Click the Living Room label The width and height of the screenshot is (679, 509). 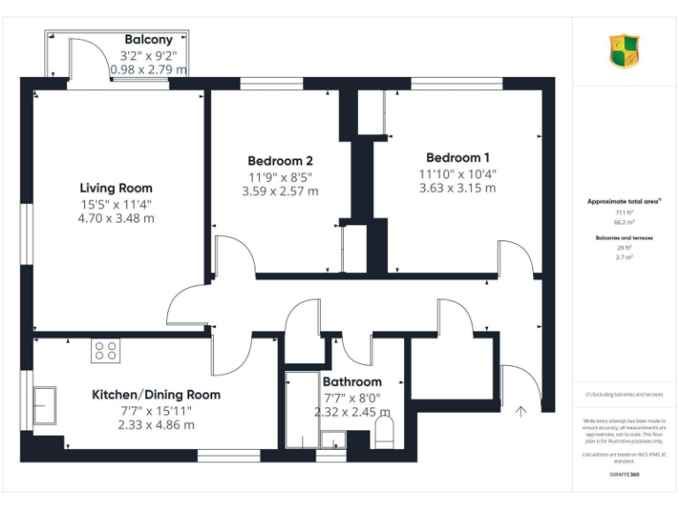click(116, 188)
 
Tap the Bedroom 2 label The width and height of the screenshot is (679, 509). click(279, 161)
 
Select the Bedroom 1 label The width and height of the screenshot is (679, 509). click(457, 157)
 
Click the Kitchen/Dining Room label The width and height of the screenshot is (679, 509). click(156, 395)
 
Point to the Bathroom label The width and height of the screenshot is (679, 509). click(352, 382)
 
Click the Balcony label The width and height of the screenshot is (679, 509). click(149, 41)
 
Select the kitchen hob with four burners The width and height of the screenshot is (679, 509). click(106, 351)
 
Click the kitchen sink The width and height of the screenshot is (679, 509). click(45, 406)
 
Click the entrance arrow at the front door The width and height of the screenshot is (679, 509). click(522, 409)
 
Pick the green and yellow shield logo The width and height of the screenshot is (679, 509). click(625, 51)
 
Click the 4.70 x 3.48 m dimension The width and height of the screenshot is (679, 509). click(116, 218)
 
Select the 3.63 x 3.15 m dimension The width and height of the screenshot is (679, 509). click(457, 188)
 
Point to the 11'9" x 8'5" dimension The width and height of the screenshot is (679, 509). click(279, 177)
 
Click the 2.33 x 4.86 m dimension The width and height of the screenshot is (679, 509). click(156, 425)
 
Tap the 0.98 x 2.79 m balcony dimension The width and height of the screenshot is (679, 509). click(154, 69)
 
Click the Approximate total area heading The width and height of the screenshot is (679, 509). click(623, 202)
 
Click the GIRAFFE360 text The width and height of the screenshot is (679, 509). click(625, 475)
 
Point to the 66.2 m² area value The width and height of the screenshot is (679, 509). click(625, 223)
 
